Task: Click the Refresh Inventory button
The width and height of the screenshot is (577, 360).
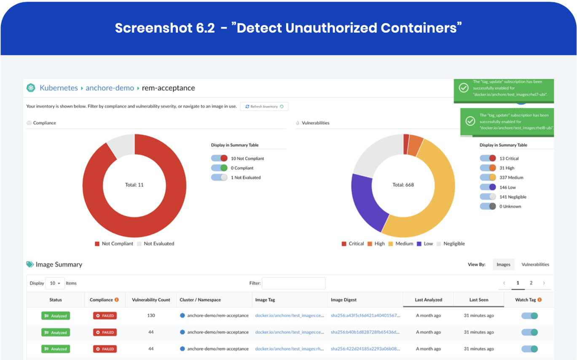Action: pos(264,107)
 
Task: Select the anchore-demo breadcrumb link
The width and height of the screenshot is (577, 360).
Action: pos(110,88)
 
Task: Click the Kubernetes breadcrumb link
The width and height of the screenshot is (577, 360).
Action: pos(59,88)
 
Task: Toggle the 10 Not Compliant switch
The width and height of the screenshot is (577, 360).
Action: pos(219,159)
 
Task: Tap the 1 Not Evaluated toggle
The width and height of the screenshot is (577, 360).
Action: pos(219,177)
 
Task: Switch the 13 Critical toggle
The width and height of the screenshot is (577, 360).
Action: pos(488,159)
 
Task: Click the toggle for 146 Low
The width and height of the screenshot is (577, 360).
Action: pos(488,187)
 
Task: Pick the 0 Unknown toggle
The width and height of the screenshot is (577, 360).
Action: pos(488,207)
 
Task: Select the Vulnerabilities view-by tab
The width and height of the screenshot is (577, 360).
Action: pos(535,265)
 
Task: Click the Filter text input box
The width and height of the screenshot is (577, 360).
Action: pos(294,283)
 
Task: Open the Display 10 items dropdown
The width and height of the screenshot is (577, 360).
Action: pos(55,283)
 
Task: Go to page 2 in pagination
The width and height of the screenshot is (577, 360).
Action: pos(531,283)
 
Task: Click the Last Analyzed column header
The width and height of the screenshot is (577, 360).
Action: pos(428,300)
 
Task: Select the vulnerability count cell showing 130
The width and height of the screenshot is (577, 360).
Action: pos(151,315)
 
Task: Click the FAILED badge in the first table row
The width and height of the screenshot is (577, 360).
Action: pos(105,316)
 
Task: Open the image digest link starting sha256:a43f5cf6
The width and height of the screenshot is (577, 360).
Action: pos(365,315)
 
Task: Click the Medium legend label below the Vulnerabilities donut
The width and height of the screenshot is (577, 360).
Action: pos(404,244)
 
